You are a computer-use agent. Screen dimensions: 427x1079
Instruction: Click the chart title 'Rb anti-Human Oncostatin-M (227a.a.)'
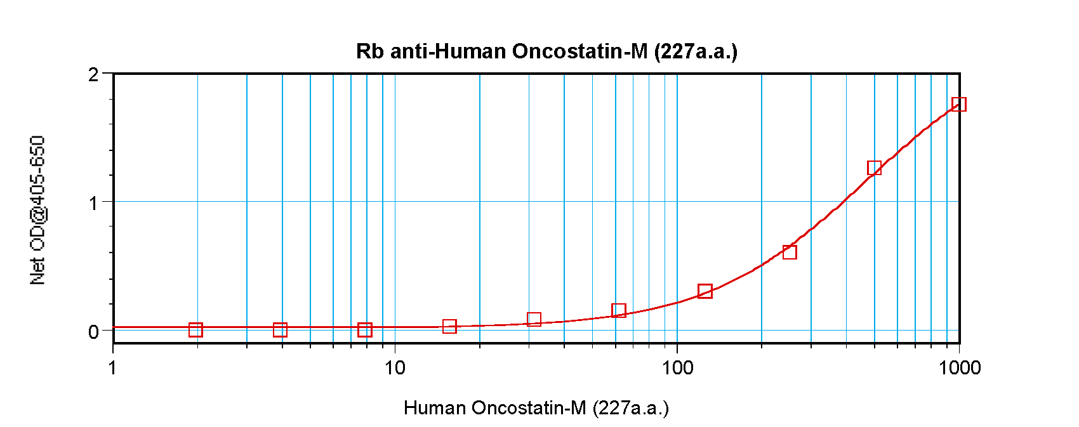click(546, 51)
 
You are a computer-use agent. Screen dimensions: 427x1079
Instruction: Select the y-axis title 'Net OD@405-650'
click(38, 210)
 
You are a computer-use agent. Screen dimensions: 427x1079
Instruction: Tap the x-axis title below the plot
click(536, 407)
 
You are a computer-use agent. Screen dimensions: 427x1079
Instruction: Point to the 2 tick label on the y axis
click(94, 75)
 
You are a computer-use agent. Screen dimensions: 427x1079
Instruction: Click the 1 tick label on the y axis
click(94, 203)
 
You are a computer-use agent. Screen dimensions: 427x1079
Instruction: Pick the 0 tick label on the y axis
click(94, 331)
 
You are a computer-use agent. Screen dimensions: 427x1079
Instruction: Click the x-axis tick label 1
click(113, 367)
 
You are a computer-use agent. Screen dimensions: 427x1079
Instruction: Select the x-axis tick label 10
click(395, 367)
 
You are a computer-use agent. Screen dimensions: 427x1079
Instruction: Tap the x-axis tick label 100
click(677, 367)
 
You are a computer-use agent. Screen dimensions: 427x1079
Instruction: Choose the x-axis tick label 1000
click(960, 367)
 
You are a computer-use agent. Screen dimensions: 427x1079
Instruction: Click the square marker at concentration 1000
click(959, 104)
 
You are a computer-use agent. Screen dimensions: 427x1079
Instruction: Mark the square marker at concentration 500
click(874, 168)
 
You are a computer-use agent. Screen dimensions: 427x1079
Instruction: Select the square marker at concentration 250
click(790, 252)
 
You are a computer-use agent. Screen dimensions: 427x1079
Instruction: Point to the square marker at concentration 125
click(705, 291)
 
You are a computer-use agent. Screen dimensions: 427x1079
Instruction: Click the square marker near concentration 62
click(619, 310)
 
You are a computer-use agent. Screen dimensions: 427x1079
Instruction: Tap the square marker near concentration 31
click(534, 319)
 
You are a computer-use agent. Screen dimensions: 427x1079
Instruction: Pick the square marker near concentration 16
click(449, 327)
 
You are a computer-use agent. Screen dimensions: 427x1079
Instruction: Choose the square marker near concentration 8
click(364, 329)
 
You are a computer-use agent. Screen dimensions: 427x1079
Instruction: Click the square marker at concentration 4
click(280, 329)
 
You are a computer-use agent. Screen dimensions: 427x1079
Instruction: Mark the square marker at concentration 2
click(195, 329)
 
